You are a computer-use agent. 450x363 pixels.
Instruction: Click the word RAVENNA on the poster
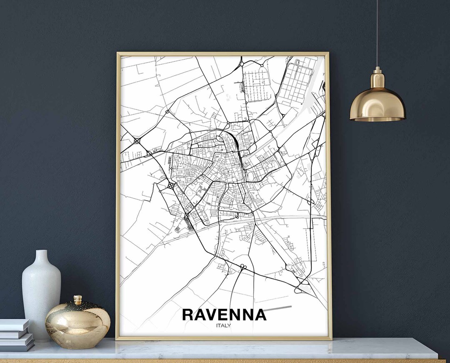click(x=224, y=315)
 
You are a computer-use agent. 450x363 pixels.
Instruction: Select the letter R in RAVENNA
click(x=188, y=315)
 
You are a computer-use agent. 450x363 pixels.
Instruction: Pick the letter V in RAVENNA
click(x=212, y=315)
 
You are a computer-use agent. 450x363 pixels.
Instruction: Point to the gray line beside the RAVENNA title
click(x=278, y=308)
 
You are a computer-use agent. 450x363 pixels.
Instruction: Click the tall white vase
click(x=41, y=292)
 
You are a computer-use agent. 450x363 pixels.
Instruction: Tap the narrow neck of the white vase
click(x=41, y=259)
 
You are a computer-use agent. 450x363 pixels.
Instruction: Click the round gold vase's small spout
click(x=77, y=300)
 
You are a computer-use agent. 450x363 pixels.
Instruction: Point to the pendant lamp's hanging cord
click(x=377, y=33)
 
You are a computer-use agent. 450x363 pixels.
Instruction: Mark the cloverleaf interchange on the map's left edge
click(x=137, y=141)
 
